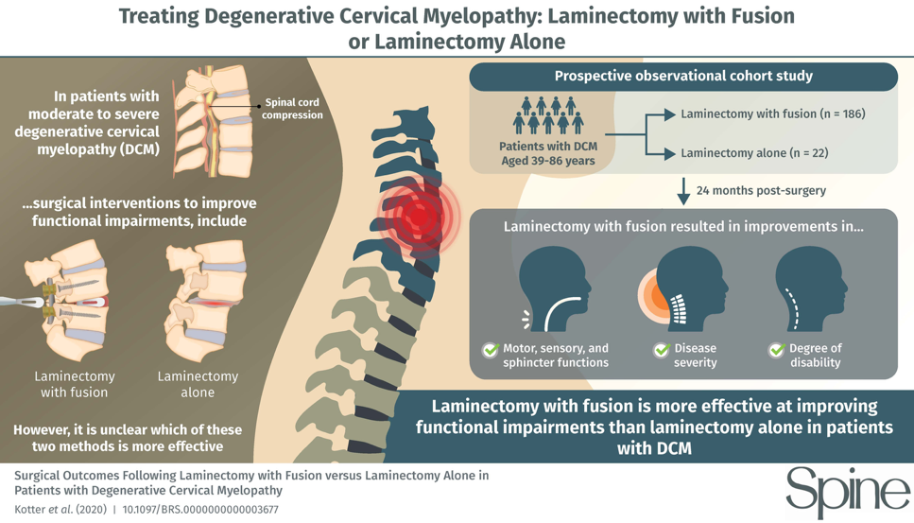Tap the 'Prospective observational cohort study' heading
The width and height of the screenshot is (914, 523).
[x=682, y=76]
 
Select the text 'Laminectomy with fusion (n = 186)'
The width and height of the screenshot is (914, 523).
[x=772, y=114]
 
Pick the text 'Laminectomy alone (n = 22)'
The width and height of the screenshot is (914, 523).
[x=754, y=152]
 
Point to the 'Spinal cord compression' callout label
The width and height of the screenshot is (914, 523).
[x=292, y=109]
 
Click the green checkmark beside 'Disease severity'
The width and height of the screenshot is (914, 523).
[x=662, y=350]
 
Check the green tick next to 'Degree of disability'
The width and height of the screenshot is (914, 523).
[x=776, y=350]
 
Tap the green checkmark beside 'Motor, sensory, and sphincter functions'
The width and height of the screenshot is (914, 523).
[x=490, y=350]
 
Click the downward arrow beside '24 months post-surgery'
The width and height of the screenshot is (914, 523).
[x=683, y=191]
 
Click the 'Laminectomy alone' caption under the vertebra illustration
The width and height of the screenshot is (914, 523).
[x=198, y=384]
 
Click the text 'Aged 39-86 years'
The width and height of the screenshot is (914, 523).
[x=548, y=162]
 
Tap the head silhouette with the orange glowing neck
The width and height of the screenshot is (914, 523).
[x=685, y=288]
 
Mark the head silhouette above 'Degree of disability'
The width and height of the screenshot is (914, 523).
[x=810, y=288]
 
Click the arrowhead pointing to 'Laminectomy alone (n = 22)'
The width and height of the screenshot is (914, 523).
[x=670, y=152]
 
